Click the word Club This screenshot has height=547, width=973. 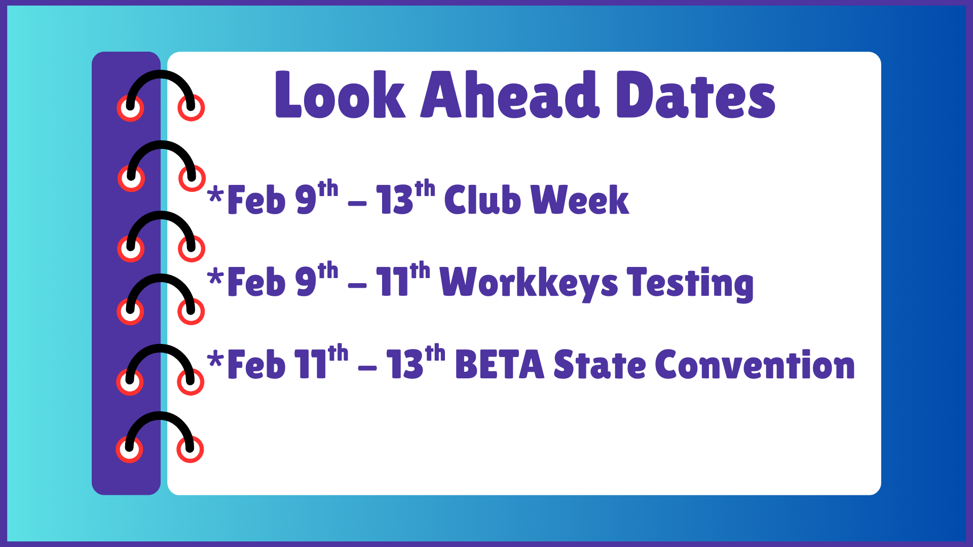coord(482,200)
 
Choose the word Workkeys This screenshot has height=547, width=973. coord(529,283)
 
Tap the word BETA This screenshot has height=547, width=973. coord(500,365)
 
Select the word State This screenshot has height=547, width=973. coord(600,365)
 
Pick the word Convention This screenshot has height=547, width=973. coord(755,365)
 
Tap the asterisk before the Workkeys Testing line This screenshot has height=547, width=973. coord(215,277)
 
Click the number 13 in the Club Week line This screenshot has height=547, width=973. coord(395,200)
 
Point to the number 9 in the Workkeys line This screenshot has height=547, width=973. coord(306,283)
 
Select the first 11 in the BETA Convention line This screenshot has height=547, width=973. coord(311,365)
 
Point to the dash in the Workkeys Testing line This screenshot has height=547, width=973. coord(357,286)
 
